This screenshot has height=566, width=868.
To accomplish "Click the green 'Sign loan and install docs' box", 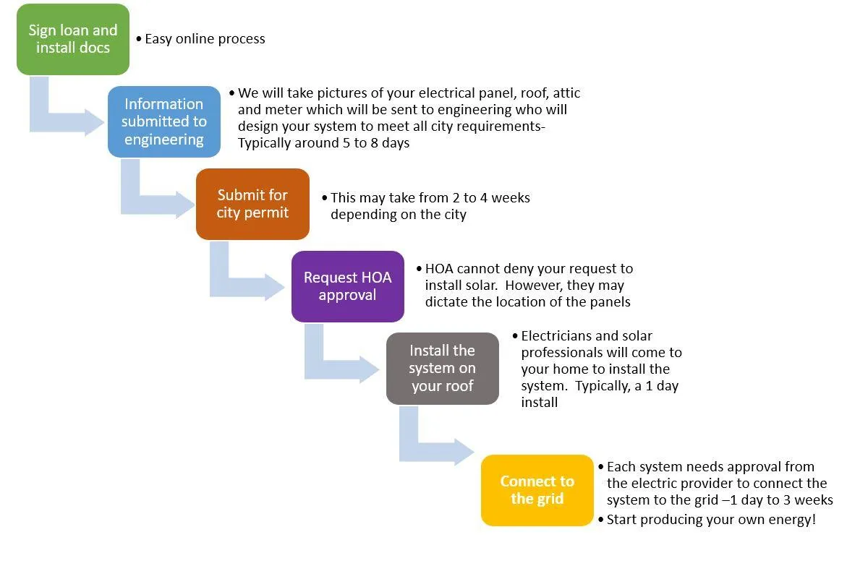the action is pos(73,39).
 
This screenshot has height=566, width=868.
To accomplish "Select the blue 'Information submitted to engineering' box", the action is pos(164,121).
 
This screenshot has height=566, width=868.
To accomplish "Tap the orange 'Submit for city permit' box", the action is pos(252,204).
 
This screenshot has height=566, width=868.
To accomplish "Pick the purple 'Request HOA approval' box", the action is pos(348,286).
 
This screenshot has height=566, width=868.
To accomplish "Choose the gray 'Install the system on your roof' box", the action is pos(443,369).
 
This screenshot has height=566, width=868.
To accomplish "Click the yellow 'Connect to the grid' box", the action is pos(537,490).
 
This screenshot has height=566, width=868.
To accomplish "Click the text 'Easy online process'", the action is pos(205,39).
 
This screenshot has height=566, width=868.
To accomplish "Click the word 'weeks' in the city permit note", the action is pos(511,198).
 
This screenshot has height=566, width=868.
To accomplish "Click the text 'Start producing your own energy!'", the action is pos(712,520).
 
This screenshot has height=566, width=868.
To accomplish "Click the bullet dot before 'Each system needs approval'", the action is pos(601,467).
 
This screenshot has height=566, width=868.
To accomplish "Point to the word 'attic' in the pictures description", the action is pos(566,93).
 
